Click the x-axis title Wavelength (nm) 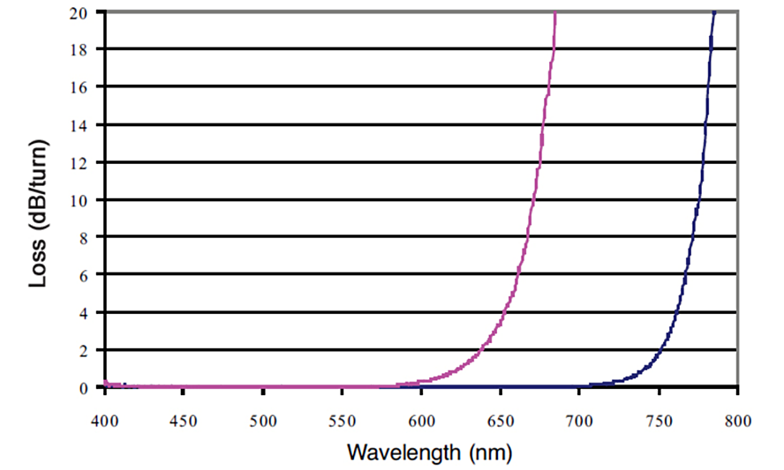click(x=430, y=453)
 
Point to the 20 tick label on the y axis click(x=82, y=12)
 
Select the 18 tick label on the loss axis click(x=82, y=49)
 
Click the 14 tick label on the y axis click(x=82, y=124)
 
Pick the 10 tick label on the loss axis click(x=82, y=199)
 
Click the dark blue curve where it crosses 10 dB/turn click(x=697, y=199)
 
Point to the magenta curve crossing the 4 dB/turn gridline click(x=506, y=312)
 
